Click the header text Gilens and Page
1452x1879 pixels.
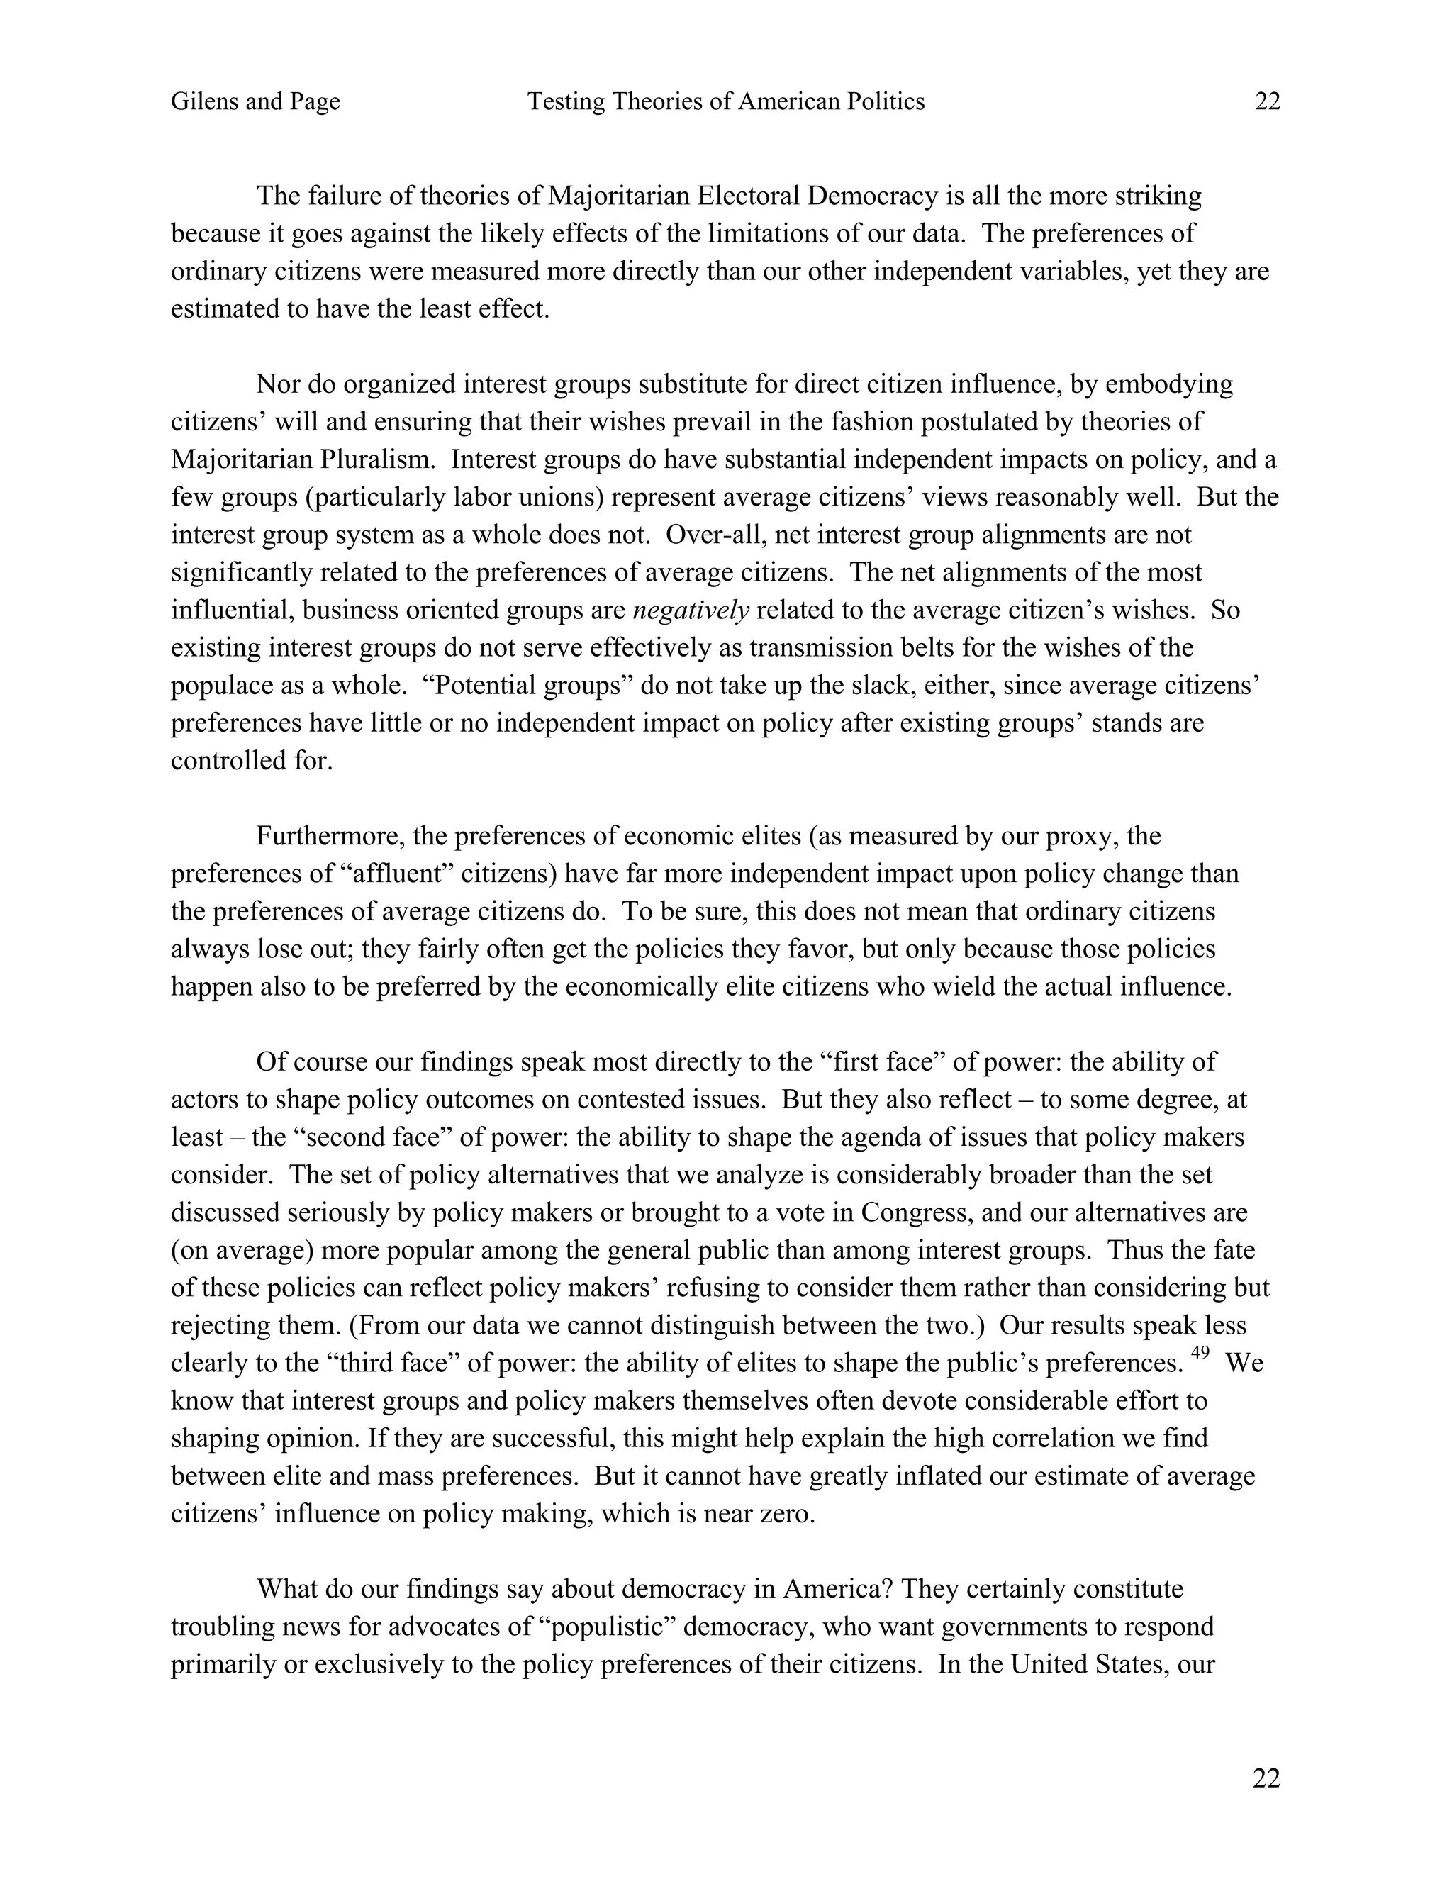coord(255,101)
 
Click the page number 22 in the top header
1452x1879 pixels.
coord(1267,101)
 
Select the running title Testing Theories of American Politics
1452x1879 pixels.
coord(726,101)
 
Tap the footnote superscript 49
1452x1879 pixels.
coord(1200,1352)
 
